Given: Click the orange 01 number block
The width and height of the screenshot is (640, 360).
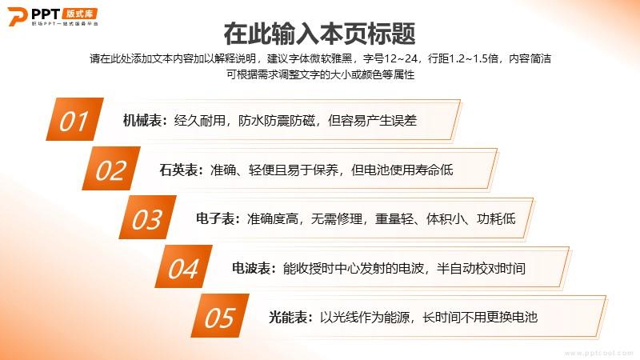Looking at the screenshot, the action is (74, 119).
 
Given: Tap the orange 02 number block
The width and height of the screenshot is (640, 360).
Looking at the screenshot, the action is (111, 169).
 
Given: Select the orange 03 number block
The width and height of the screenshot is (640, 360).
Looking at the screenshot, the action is (147, 217).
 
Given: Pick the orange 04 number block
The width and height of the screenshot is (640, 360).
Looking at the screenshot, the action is (183, 266).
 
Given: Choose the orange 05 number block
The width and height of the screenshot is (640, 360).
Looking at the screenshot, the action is (220, 315).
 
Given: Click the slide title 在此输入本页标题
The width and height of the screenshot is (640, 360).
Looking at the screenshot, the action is (319, 34).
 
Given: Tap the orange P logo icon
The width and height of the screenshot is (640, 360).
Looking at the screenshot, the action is (17, 17).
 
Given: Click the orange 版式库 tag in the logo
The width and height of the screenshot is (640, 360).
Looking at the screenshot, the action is (80, 14).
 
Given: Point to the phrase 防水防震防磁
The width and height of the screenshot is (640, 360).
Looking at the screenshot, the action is (277, 121).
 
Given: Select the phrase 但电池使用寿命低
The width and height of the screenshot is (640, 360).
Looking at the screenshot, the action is (402, 170).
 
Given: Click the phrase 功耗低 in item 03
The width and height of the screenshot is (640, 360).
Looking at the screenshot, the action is (496, 218).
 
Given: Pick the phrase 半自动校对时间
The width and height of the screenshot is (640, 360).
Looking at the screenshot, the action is (481, 268).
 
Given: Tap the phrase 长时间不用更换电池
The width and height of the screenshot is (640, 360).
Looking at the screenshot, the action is (480, 317).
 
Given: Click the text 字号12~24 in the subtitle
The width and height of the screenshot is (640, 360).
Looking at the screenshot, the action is (390, 58).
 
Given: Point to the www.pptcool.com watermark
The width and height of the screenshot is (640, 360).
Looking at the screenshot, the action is (598, 353).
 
